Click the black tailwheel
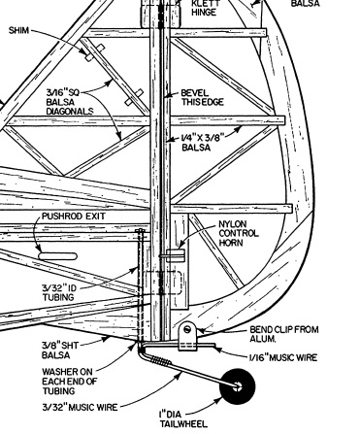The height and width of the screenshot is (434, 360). pyautogui.click(x=237, y=385)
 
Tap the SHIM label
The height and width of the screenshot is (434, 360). pyautogui.click(x=18, y=30)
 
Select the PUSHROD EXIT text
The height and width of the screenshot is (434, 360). pyautogui.click(x=74, y=216)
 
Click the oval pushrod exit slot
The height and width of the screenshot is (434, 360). pyautogui.click(x=58, y=256)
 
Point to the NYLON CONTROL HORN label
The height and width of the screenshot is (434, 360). pyautogui.click(x=239, y=233)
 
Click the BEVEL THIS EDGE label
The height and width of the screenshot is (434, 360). pyautogui.click(x=202, y=97)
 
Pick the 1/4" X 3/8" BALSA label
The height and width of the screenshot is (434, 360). pyautogui.click(x=203, y=143)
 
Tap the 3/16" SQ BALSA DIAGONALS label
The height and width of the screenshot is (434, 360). pyautogui.click(x=70, y=102)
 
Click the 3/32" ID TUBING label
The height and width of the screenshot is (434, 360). pyautogui.click(x=58, y=292)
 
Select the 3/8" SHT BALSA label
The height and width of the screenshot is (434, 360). pyautogui.click(x=60, y=350)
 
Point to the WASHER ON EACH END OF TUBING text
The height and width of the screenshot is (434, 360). pyautogui.click(x=69, y=381)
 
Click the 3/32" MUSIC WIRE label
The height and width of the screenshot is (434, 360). pyautogui.click(x=80, y=407)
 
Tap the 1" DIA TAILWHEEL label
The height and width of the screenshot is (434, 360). pyautogui.click(x=183, y=418)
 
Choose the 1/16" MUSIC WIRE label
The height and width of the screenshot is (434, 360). pyautogui.click(x=283, y=357)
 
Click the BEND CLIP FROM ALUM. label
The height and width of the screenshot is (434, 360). pyautogui.click(x=284, y=334)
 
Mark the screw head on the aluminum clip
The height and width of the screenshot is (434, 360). pyautogui.click(x=187, y=330)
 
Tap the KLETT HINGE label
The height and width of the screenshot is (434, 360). pyautogui.click(x=205, y=8)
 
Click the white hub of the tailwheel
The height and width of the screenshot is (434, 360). pyautogui.click(x=238, y=385)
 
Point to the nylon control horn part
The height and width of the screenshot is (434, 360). pyautogui.click(x=175, y=255)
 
